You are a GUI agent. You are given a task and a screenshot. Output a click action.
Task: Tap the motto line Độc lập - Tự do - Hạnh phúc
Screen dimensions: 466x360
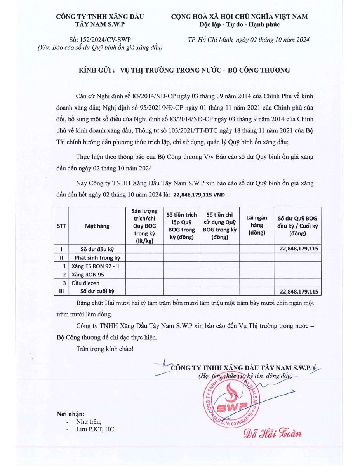239,25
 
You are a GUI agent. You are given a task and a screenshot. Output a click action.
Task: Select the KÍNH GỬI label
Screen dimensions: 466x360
96,70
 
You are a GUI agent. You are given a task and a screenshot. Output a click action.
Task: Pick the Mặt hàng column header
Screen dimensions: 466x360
97,226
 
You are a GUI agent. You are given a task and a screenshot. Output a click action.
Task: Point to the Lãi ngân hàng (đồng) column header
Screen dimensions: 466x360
257,225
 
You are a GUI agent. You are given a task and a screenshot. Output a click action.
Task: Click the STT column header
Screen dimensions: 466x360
61,226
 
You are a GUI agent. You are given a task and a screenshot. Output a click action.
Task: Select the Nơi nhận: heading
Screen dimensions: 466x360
71,414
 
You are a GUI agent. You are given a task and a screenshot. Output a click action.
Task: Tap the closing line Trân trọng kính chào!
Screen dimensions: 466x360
105,349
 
